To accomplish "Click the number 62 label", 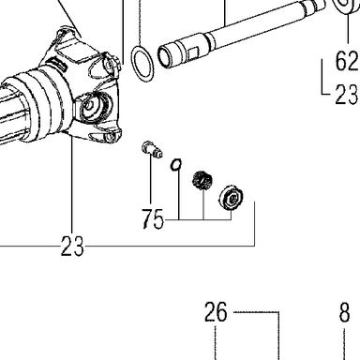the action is tap(347, 61).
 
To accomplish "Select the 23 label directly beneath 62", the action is tap(347, 95).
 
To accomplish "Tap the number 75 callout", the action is tap(153, 218).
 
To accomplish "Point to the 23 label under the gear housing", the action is tap(72, 246).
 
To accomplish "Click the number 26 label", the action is tap(216, 312).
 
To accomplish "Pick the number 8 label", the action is tap(344, 312).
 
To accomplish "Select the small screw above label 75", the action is tap(152, 149).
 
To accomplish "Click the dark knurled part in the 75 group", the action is tap(202, 181).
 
